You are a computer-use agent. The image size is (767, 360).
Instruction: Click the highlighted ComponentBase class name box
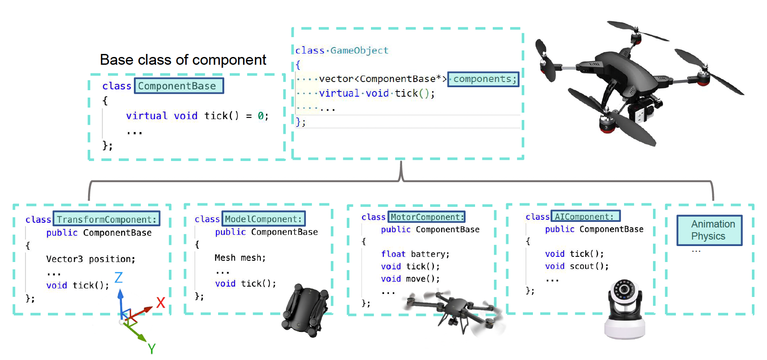click(179, 86)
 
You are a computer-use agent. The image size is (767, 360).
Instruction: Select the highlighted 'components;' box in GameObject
click(483, 79)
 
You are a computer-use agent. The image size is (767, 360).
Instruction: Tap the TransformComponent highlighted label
click(106, 219)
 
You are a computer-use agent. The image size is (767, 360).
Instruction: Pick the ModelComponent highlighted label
click(263, 219)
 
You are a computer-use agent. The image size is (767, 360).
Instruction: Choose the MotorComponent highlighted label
click(426, 217)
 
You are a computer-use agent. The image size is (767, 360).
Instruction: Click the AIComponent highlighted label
click(585, 216)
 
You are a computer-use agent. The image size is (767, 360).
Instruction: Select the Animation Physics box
click(709, 230)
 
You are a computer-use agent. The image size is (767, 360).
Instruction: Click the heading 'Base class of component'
click(183, 60)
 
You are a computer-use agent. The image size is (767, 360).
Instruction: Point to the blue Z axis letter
click(118, 278)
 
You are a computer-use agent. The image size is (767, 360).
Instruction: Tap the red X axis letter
click(161, 302)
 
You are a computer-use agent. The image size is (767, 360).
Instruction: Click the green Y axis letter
click(152, 348)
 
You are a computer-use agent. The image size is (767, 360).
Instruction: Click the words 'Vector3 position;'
click(91, 259)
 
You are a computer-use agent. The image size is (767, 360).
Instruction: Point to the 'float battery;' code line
click(415, 254)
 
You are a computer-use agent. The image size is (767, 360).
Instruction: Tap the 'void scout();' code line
click(577, 266)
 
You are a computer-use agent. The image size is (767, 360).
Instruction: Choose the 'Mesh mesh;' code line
click(240, 258)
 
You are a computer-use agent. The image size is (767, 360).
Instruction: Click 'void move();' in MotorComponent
click(410, 279)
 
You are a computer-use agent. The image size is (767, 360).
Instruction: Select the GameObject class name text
click(359, 51)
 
